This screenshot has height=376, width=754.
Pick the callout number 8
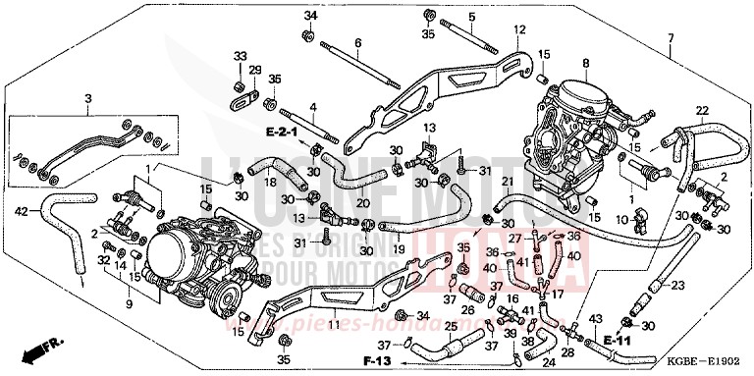[x=585, y=64]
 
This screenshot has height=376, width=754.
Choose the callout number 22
[x=702, y=109]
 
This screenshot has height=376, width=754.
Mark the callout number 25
[x=449, y=326]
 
